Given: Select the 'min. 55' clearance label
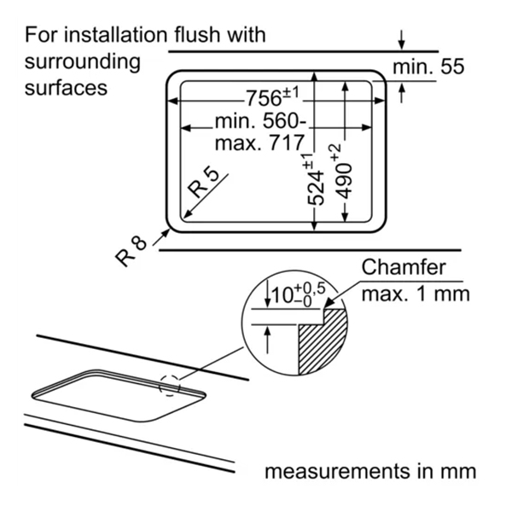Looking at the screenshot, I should [429, 67].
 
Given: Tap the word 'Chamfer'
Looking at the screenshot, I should [404, 267].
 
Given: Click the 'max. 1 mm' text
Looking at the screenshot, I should [416, 294].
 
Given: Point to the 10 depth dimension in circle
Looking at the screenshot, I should [295, 295].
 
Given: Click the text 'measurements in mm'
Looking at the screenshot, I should [369, 471].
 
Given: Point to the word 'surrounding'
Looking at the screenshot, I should [83, 61].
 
